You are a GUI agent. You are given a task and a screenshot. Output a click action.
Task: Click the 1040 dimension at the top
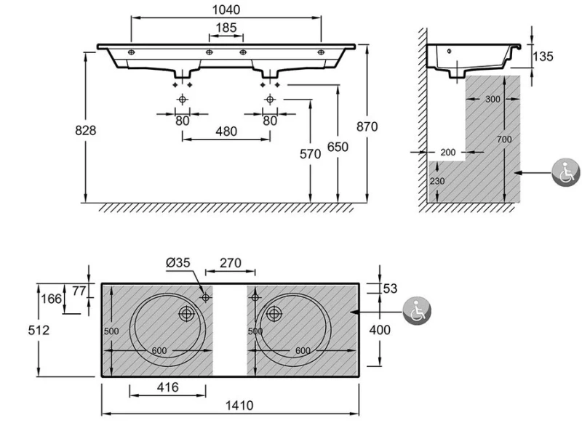click(x=226, y=10)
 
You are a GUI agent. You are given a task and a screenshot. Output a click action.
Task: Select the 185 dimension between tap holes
click(x=226, y=28)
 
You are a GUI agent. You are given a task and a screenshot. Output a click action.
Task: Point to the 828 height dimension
click(x=86, y=129)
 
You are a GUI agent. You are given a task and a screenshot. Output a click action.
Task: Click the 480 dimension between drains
click(x=226, y=132)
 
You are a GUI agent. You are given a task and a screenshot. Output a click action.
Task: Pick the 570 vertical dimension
click(x=311, y=154)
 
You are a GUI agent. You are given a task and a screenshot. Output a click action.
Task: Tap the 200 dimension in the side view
click(x=448, y=153)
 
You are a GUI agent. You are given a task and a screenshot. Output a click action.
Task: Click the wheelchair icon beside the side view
click(x=565, y=173)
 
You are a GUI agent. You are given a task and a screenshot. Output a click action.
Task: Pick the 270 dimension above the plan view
click(x=230, y=264)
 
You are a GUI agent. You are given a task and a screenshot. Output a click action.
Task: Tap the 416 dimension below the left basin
click(x=167, y=388)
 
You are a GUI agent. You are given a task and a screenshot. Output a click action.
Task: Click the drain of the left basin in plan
click(x=188, y=314)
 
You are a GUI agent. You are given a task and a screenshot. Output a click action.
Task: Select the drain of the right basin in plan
click(x=274, y=314)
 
